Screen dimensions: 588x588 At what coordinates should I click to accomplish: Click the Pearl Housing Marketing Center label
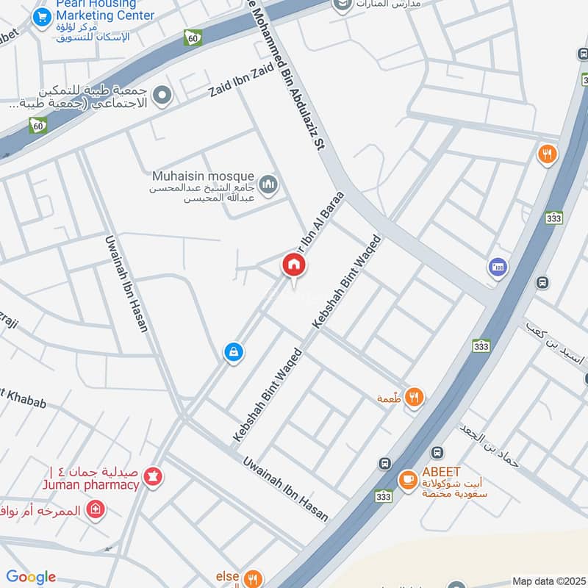click(104, 10)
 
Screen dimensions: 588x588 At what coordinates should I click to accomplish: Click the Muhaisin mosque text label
click(203, 176)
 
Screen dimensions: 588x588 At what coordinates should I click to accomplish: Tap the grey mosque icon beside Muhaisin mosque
click(268, 182)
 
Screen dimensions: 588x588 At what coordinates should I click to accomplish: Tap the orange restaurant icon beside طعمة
click(415, 398)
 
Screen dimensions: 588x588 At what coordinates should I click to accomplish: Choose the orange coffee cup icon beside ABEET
click(406, 479)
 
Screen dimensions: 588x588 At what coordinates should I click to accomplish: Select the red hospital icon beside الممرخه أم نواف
click(95, 509)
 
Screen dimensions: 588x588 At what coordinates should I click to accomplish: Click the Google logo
click(31, 577)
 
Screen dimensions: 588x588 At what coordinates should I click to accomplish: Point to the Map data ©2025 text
click(549, 581)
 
